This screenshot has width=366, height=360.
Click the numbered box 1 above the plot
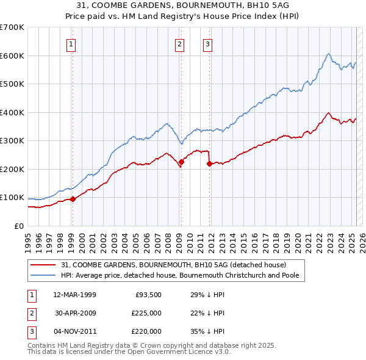click(71, 43)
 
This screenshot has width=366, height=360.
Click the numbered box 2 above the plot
click(179, 43)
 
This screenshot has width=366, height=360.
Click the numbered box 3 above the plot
click(207, 43)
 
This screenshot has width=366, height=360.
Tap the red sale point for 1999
click(73, 199)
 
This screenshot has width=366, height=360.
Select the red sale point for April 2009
click(181, 162)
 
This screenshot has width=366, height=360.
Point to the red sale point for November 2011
click(209, 164)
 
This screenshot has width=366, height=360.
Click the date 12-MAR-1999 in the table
click(74, 295)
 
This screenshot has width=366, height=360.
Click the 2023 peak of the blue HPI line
click(328, 54)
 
